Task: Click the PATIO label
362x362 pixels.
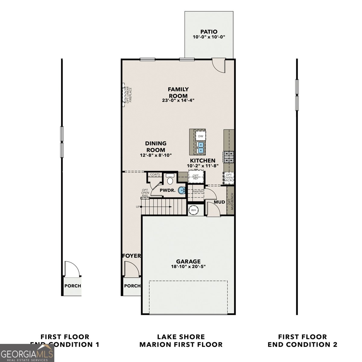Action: tap(209, 32)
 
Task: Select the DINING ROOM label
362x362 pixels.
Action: tap(156, 147)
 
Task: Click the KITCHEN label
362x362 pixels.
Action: tap(202, 161)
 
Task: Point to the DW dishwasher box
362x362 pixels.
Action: tap(200, 136)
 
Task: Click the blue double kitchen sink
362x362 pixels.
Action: tap(200, 147)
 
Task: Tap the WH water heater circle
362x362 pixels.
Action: tap(193, 210)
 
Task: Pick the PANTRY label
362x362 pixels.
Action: tap(198, 192)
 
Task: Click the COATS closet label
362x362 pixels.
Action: tap(155, 174)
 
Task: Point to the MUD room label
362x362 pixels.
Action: tap(219, 202)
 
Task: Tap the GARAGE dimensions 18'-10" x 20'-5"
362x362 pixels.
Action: tap(188, 267)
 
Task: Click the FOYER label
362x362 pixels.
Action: tap(132, 256)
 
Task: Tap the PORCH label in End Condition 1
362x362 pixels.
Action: tap(73, 286)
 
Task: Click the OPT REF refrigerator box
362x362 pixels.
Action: tap(196, 177)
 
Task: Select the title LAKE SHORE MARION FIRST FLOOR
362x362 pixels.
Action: tap(181, 341)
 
